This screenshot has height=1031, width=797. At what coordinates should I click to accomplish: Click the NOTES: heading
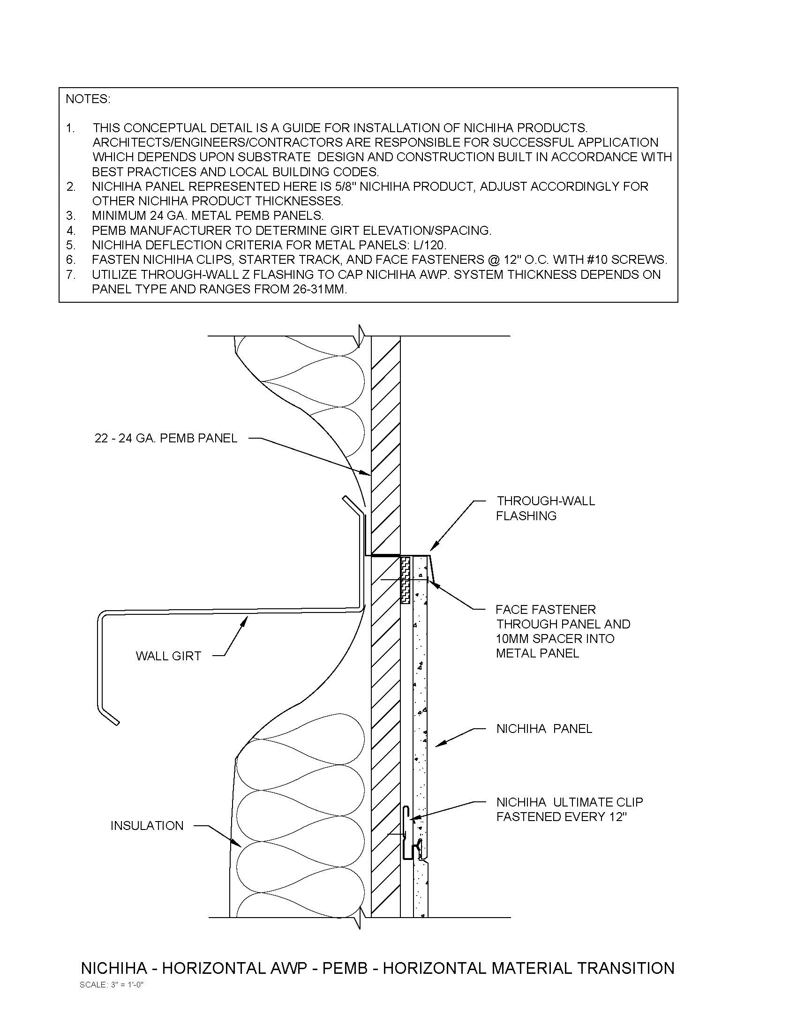[x=87, y=99]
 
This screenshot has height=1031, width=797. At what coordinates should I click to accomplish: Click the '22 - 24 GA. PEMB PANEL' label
[x=165, y=439]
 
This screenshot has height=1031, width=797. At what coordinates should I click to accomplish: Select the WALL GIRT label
[x=168, y=656]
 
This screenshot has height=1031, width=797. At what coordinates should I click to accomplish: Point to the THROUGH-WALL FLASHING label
[x=545, y=508]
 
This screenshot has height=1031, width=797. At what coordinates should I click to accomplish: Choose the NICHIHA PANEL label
[x=544, y=728]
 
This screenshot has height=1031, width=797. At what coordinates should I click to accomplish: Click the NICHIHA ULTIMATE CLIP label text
[x=570, y=802]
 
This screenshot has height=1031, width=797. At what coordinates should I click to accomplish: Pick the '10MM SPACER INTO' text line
[x=555, y=639]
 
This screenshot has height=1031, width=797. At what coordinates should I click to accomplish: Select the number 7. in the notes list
[x=71, y=274]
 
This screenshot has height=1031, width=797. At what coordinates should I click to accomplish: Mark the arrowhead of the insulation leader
[x=239, y=844]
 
